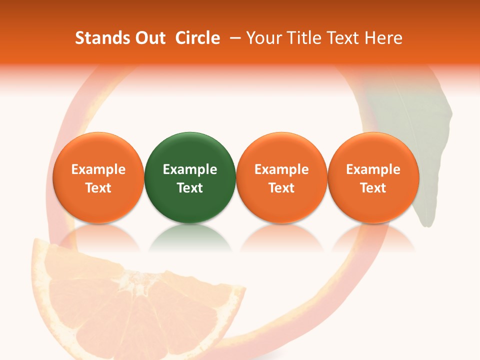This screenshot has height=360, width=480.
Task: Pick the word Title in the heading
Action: pos(303,38)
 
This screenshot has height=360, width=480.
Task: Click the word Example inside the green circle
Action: pos(190,169)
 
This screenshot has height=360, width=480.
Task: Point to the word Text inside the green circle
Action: pos(190,188)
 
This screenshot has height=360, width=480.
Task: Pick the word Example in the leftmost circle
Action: pos(98,169)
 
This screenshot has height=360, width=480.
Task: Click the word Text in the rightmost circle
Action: pos(373,188)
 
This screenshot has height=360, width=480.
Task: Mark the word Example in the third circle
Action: pos(281,169)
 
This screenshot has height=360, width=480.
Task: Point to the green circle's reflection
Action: pos(190,239)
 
